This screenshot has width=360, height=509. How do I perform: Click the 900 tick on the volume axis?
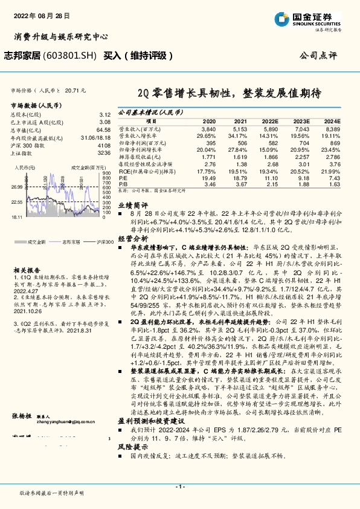tap(106, 174)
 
